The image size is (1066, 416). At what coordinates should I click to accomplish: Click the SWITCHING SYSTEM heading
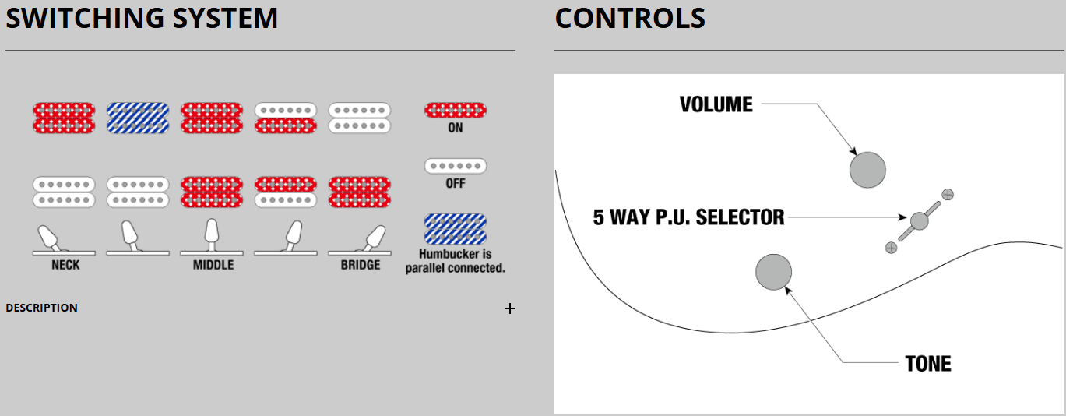click(x=142, y=19)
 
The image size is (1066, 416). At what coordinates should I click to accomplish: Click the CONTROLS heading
click(x=630, y=19)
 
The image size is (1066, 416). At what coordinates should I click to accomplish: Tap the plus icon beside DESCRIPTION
click(x=510, y=309)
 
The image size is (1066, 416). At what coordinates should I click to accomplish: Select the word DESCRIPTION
click(x=41, y=308)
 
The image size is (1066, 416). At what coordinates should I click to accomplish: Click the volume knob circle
click(x=867, y=170)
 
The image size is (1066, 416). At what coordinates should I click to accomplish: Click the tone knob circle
click(x=774, y=272)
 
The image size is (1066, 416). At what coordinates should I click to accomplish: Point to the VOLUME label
click(x=716, y=104)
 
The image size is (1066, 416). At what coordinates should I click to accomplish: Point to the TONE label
click(x=928, y=364)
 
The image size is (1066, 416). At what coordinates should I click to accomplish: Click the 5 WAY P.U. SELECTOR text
click(x=688, y=217)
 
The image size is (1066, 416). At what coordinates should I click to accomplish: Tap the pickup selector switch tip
click(x=919, y=220)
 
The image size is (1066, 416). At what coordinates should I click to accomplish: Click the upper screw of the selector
click(x=948, y=194)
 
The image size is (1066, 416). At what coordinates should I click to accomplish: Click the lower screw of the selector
click(x=891, y=248)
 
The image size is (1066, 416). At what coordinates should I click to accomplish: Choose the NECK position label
click(x=65, y=265)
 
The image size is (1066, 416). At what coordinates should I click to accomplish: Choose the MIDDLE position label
click(x=213, y=265)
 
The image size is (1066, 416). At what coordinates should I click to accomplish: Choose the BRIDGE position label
click(x=361, y=265)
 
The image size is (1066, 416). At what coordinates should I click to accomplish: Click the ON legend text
click(x=456, y=128)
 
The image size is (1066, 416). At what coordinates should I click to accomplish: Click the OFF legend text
click(x=456, y=183)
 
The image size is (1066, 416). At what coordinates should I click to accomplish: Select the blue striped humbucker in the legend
click(x=456, y=229)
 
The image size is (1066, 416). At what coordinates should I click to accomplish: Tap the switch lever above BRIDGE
click(x=374, y=237)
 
